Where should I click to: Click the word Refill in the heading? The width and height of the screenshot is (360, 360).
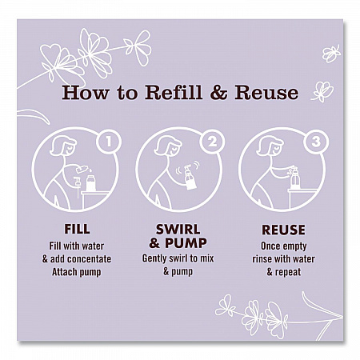point(174,93)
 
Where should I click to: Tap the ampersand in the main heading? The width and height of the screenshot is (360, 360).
point(218,93)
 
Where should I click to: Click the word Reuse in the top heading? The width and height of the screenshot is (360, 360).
point(266,93)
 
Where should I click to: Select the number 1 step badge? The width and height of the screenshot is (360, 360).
point(109,142)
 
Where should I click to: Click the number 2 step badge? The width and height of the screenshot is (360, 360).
point(212,142)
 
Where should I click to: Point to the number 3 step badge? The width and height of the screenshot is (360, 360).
point(316,142)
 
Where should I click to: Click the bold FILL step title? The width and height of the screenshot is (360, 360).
point(77,230)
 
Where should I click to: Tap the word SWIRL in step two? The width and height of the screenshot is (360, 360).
point(178,230)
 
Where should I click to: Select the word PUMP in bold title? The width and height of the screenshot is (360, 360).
point(186,243)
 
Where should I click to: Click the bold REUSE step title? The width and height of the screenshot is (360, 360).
point(283,230)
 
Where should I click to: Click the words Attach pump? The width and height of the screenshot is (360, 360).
point(77,272)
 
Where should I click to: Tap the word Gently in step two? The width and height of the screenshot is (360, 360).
point(154,258)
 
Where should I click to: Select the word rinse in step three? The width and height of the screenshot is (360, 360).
point(262,259)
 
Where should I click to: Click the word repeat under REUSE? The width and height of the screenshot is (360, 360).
point(288,273)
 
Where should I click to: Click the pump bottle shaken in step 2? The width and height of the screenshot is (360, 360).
point(190,178)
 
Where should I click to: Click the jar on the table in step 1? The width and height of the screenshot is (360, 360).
point(90,183)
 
